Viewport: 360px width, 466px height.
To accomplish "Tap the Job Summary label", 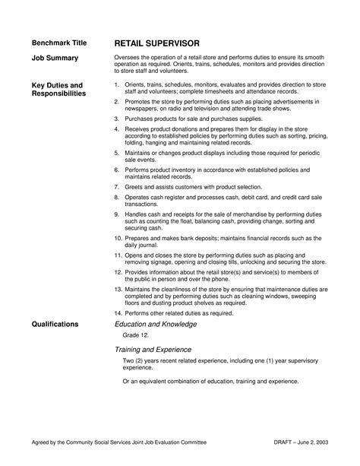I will [x=54, y=59].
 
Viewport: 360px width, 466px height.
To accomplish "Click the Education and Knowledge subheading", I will [x=155, y=324].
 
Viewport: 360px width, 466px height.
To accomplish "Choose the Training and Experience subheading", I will [x=159, y=349].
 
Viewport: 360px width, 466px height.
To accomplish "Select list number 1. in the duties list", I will [x=116, y=84].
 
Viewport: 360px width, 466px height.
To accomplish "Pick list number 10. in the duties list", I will [x=118, y=237].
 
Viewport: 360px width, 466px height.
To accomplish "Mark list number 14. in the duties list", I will [x=118, y=312].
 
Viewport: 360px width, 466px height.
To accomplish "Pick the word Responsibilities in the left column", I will [x=59, y=94].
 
